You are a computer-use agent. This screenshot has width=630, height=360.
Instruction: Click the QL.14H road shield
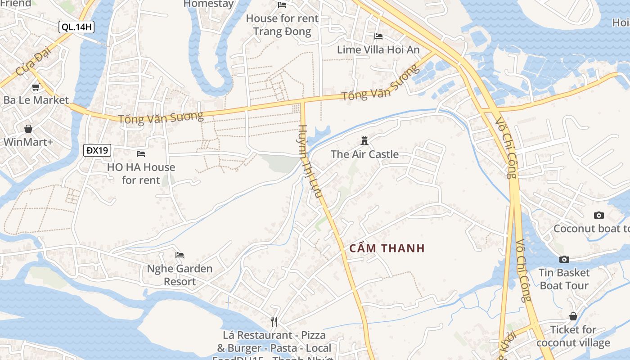tap(76, 27)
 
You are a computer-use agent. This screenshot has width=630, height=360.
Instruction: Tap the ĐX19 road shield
tap(97, 150)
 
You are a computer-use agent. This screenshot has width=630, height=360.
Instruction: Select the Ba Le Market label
tap(36, 100)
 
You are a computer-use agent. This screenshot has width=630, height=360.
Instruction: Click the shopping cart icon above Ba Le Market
tap(36, 87)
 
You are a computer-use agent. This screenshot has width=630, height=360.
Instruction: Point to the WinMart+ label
tap(28, 142)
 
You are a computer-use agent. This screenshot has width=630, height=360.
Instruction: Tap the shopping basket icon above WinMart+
tap(28, 129)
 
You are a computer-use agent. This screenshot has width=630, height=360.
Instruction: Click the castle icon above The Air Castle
tap(364, 141)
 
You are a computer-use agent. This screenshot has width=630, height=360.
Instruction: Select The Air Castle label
tap(364, 154)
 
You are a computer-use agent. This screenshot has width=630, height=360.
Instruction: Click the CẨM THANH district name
tap(387, 248)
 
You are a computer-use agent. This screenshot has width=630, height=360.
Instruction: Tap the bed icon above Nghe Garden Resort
tap(180, 255)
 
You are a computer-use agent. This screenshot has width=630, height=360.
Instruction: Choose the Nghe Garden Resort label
tap(180, 275)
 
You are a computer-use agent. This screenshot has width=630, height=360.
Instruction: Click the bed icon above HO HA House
tap(141, 154)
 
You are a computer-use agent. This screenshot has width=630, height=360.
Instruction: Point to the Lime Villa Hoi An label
tap(378, 49)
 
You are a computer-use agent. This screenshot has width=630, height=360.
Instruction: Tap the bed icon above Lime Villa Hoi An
tap(378, 36)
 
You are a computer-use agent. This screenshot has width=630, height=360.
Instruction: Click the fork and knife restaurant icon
tap(274, 322)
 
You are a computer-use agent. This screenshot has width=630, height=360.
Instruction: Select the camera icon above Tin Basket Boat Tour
tap(564, 259)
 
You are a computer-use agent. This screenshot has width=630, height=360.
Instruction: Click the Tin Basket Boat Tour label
tap(564, 279)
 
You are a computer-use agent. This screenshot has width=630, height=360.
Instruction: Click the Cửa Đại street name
tap(34, 63)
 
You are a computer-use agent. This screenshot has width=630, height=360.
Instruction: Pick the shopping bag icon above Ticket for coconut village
tap(573, 316)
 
